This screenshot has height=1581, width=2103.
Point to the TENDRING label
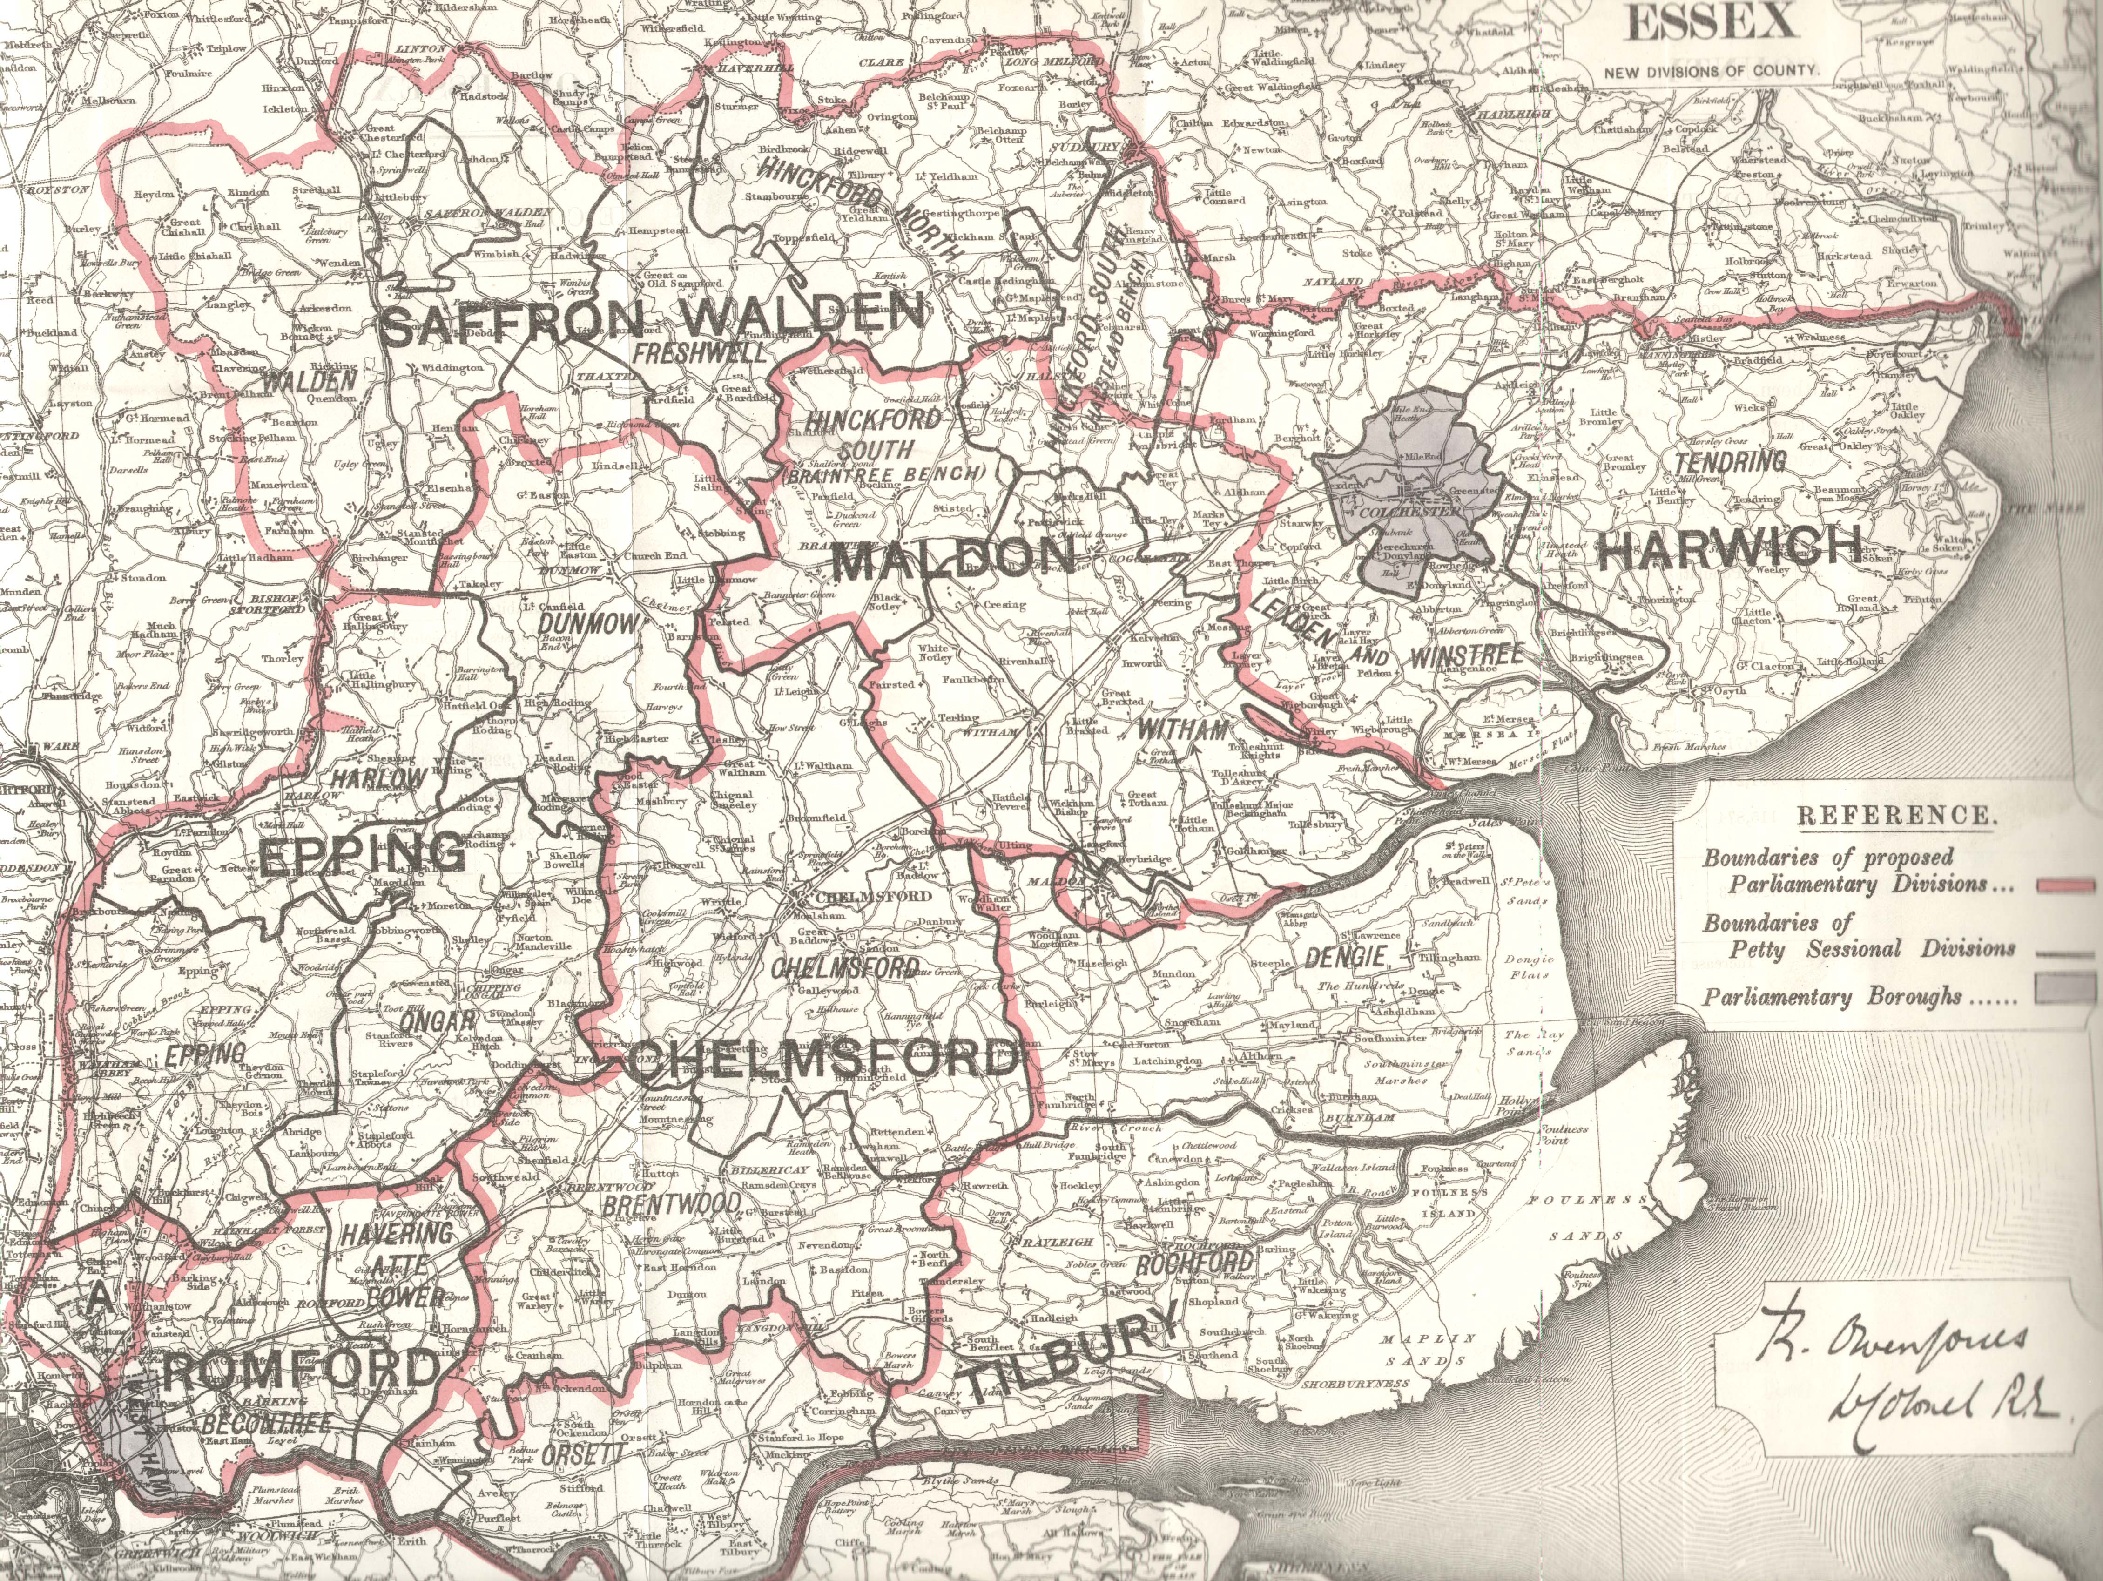[1730, 463]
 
